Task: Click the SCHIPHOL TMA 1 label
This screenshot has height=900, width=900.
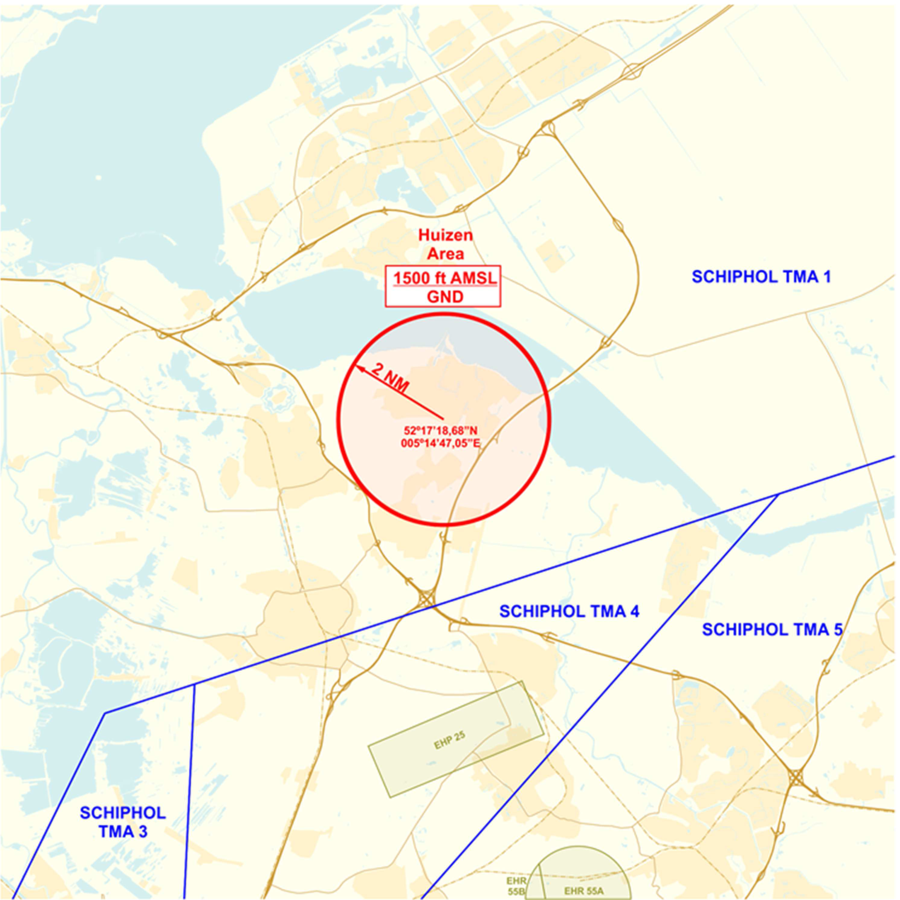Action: coord(761,277)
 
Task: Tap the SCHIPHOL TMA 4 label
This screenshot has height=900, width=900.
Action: coord(569,611)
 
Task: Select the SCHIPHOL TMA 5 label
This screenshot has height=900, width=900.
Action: coord(772,630)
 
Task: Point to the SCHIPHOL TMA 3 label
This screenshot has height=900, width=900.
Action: coord(123,822)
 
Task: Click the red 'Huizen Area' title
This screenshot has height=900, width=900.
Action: coord(445,244)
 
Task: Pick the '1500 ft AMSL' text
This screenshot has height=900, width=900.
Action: coord(445,278)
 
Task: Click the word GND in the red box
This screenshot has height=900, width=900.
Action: coord(445,297)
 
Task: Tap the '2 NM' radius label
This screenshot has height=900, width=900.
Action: coord(390,377)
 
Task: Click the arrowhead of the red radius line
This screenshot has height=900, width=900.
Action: coord(357,368)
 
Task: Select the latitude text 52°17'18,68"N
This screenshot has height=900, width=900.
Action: coord(441,431)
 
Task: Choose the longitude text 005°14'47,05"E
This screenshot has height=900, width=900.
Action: coord(441,443)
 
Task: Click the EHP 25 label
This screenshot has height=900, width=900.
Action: coord(450,740)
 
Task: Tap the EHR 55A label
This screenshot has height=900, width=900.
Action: coord(583,891)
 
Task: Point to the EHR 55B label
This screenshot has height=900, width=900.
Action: coord(516,887)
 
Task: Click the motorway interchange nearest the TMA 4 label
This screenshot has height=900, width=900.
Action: coord(427,599)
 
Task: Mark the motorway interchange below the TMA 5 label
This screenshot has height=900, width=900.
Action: coord(796,777)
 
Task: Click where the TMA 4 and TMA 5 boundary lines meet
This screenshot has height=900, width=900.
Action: coord(778,495)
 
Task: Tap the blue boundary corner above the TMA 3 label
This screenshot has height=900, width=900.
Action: coord(105,713)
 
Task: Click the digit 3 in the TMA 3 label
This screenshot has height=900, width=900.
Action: coord(143,832)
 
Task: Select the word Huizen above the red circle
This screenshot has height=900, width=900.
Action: coord(445,235)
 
